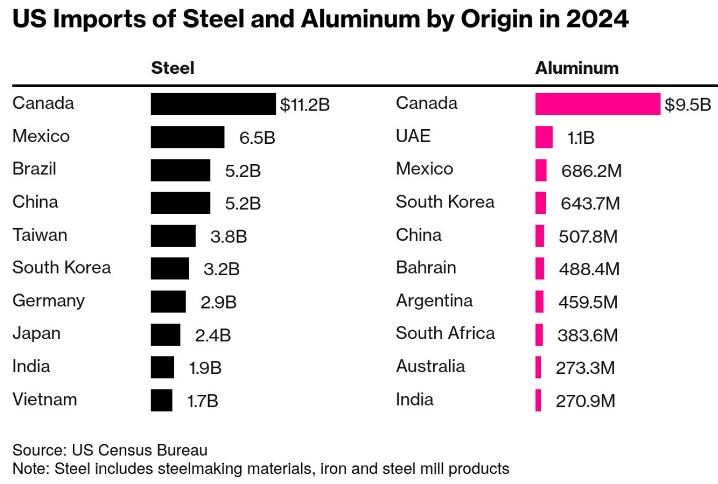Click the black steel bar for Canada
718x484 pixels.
pyautogui.click(x=213, y=104)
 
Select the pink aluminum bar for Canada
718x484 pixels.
pyautogui.click(x=597, y=104)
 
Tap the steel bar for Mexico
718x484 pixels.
pyautogui.click(x=187, y=137)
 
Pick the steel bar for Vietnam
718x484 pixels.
pyautogui.click(x=161, y=401)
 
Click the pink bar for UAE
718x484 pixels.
pyautogui.click(x=544, y=137)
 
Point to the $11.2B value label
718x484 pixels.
pyautogui.click(x=305, y=105)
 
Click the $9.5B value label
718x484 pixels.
pyautogui.click(x=688, y=105)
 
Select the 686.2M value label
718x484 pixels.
pyautogui.click(x=591, y=171)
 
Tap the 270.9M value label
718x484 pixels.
pyautogui.click(x=585, y=401)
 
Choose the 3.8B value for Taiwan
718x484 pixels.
pyautogui.click(x=228, y=236)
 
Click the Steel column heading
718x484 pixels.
pyautogui.click(x=173, y=68)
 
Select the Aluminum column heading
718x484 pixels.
pyautogui.click(x=576, y=68)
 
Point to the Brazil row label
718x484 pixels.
pyautogui.click(x=34, y=169)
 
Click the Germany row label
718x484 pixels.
pyautogui.click(x=49, y=301)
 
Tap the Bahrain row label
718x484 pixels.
pyautogui.click(x=426, y=267)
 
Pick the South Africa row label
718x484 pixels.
pyautogui.click(x=445, y=333)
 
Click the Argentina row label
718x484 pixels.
pyautogui.click(x=434, y=301)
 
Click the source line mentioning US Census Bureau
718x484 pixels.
pyautogui.click(x=110, y=450)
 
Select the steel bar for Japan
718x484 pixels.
pyautogui.click(x=165, y=335)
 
